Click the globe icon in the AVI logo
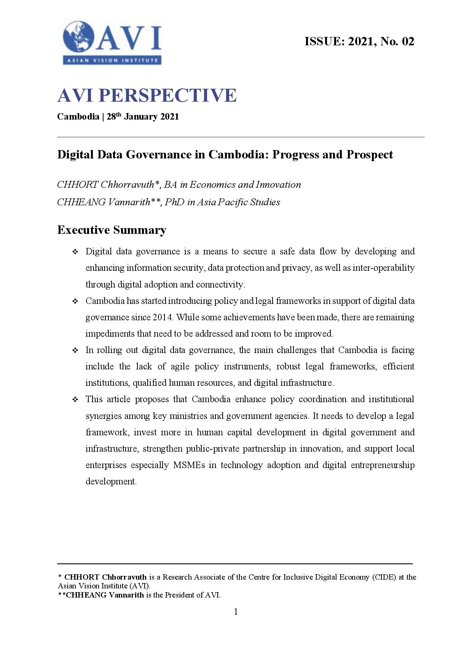pos(79,37)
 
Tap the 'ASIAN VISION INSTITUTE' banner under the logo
pos(112,60)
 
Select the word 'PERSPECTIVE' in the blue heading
pos(167,95)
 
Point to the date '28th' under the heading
pos(114,117)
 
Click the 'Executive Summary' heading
pos(112,230)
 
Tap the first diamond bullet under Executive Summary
pos(75,252)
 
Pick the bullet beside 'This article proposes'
pos(75,400)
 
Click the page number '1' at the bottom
pos(236,612)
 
